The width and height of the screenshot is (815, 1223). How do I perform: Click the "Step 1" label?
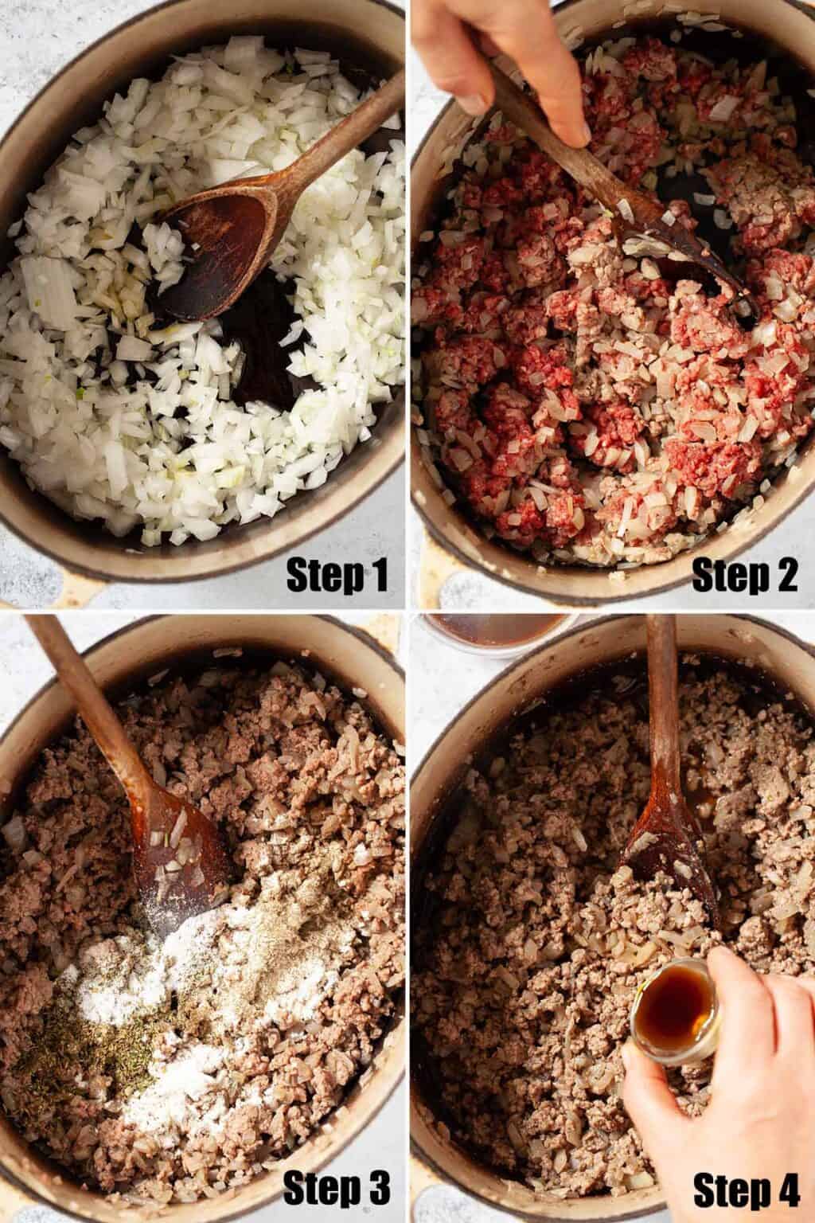point(337,573)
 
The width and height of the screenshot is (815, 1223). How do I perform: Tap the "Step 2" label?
point(745,573)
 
